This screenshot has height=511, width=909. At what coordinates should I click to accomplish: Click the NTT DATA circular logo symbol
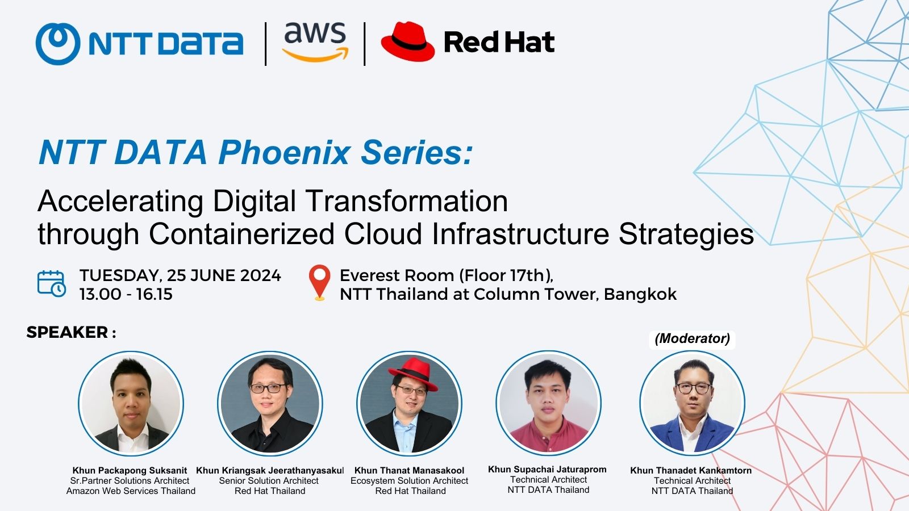(x=58, y=43)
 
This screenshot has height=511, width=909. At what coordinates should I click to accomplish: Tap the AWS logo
(x=315, y=42)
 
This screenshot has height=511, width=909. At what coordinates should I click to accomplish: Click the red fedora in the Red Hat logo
(x=408, y=41)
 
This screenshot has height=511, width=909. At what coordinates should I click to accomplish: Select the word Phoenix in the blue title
(x=285, y=153)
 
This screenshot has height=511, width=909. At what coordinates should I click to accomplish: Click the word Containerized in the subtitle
(x=241, y=234)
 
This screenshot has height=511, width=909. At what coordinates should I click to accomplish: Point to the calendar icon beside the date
(x=52, y=283)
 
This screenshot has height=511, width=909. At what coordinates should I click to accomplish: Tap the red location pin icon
(x=320, y=283)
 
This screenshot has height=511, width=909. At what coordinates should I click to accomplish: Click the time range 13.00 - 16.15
(x=126, y=294)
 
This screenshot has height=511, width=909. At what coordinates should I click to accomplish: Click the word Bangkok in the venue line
(x=640, y=294)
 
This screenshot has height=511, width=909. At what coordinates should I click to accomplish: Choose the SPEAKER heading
(x=68, y=332)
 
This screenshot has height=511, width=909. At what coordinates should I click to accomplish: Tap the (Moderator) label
(x=693, y=338)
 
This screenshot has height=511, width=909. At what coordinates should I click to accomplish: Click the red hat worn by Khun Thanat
(x=413, y=373)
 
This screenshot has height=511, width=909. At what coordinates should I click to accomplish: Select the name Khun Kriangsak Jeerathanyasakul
(x=270, y=471)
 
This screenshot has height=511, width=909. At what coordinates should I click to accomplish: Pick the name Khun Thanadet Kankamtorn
(x=691, y=471)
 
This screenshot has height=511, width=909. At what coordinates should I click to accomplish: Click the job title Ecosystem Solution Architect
(x=409, y=480)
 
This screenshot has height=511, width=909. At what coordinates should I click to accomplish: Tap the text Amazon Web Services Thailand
(x=131, y=491)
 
